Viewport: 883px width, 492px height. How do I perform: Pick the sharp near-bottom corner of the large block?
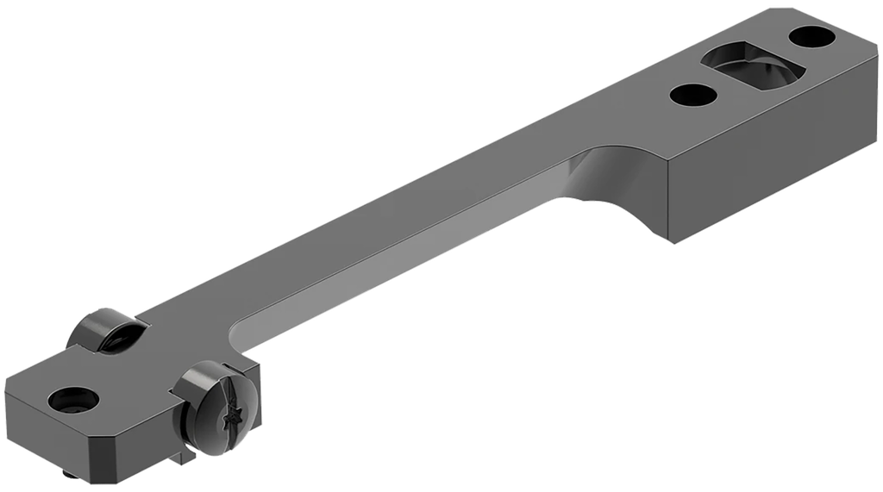(x=673, y=242)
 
